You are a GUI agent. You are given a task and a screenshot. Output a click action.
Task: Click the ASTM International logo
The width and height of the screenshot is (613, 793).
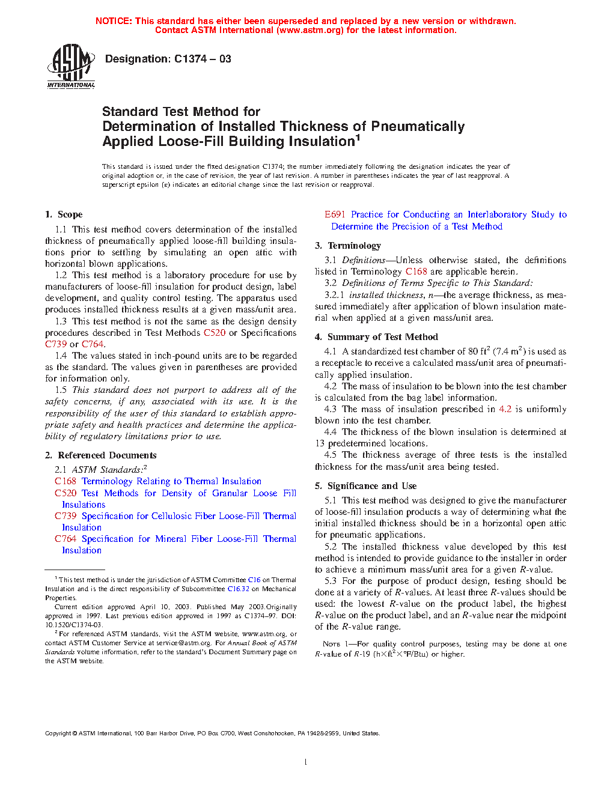coord(71,67)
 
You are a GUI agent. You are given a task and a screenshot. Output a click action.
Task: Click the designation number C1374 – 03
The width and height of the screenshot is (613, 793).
coord(202,59)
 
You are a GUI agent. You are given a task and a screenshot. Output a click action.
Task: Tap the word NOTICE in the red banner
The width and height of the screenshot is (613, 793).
coord(113,21)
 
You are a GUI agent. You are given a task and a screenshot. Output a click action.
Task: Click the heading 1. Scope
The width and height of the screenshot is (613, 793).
coord(64,214)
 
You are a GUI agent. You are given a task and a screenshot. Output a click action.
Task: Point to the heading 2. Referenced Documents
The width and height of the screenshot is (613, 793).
coord(100,455)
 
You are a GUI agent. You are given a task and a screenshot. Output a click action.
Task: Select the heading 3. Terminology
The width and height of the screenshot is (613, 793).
coord(348,246)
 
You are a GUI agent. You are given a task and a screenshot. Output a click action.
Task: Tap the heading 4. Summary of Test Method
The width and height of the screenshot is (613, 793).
coord(376,337)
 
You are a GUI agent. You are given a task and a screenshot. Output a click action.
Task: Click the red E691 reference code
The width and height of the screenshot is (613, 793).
coord(335,214)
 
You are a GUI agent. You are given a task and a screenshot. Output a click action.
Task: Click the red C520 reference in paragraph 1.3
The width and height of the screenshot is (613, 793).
coord(215,333)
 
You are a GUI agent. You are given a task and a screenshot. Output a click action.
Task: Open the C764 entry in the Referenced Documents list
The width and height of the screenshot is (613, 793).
coord(66,539)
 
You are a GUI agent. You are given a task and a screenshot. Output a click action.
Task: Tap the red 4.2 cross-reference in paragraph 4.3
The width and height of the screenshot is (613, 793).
coord(505,409)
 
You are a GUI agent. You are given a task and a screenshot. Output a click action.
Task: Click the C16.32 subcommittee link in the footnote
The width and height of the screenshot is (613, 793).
coord(238,589)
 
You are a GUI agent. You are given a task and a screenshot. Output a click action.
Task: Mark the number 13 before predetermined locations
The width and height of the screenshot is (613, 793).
coord(320,443)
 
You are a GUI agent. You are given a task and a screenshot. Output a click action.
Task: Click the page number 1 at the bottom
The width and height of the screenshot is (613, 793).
coord(306,762)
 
